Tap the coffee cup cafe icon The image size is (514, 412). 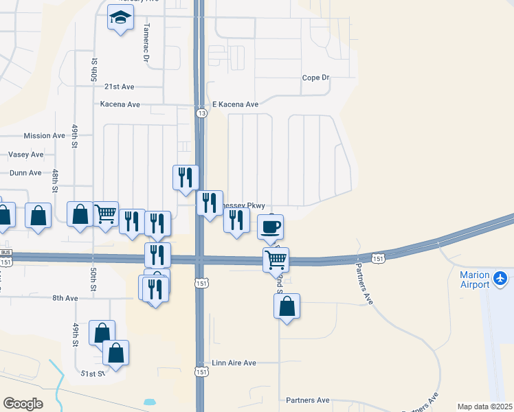[x=271, y=226]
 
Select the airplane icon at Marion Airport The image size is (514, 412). [x=500, y=279]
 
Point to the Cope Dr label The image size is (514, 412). [x=315, y=78]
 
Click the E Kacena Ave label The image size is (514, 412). [x=235, y=104]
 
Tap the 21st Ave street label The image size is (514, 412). [x=119, y=87]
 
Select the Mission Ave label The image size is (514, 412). [x=44, y=136]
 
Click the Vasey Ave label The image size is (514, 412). [x=26, y=155]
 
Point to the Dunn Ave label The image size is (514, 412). [x=25, y=173]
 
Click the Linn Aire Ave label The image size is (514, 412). [x=234, y=363]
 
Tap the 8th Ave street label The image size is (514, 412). [x=66, y=298]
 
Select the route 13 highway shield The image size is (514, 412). [x=200, y=113]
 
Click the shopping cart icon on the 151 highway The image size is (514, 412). [x=276, y=260]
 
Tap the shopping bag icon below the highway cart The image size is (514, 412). [x=287, y=306]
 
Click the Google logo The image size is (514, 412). [x=23, y=404]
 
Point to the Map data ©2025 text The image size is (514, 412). [x=484, y=407]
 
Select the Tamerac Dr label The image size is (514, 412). [x=146, y=49]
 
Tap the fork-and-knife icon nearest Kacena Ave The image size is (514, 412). [x=186, y=177]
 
